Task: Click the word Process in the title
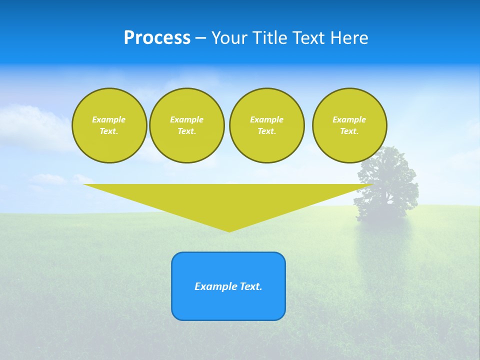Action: (x=157, y=38)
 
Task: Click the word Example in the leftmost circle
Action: (x=109, y=119)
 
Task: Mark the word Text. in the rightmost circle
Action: (x=349, y=131)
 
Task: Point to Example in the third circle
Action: (x=266, y=119)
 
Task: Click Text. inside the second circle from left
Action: (x=186, y=131)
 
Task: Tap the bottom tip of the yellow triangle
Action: (x=229, y=230)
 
